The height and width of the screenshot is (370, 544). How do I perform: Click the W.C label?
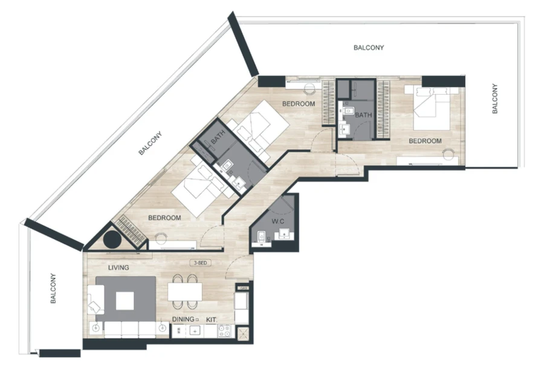(x=277, y=221)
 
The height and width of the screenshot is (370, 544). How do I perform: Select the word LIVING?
(x=119, y=267)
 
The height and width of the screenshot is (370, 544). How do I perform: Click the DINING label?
(x=184, y=319)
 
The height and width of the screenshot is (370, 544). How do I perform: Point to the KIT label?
(x=211, y=319)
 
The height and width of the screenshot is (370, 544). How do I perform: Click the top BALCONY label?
(x=369, y=47)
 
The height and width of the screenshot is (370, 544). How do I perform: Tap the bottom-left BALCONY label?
(x=53, y=288)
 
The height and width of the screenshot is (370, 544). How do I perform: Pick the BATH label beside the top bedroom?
(x=363, y=115)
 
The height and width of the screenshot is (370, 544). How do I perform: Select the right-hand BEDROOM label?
(x=424, y=141)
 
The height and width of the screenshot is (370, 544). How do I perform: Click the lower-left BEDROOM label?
(x=165, y=217)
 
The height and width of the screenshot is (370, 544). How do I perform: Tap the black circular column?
(x=112, y=239)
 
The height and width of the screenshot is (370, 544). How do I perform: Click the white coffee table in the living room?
(x=125, y=301)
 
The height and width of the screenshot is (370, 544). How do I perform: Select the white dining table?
(x=185, y=292)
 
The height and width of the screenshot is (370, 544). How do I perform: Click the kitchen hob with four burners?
(x=224, y=331)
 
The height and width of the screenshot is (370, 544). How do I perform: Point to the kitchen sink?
(x=195, y=331)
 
